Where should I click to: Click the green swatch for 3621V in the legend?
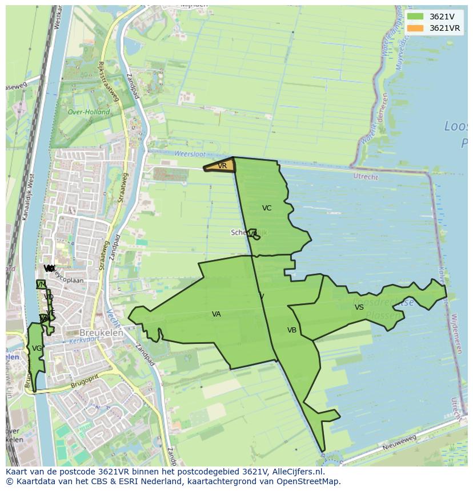[415, 17]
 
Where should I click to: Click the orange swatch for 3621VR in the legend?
[415, 28]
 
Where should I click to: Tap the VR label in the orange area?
[222, 166]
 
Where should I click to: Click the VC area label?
[267, 208]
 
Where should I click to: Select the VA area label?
[217, 314]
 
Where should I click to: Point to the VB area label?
[292, 330]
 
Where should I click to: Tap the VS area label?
[359, 307]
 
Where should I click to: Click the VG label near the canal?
[37, 348]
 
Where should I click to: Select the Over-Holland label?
[89, 112]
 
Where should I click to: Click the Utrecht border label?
[366, 177]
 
